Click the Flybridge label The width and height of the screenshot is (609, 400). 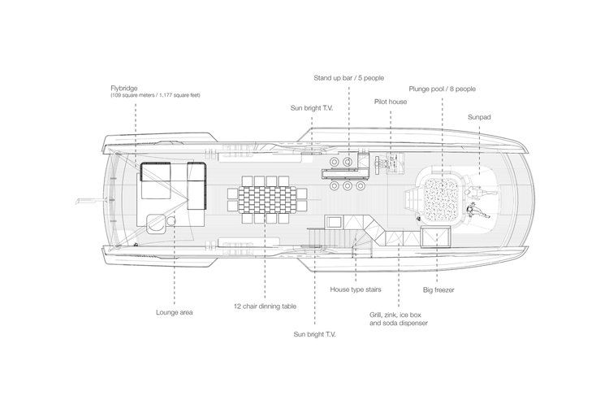(124, 89)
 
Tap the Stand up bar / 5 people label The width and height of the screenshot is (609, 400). (349, 78)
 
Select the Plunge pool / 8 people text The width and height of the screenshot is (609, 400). (442, 89)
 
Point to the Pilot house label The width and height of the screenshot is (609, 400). (391, 102)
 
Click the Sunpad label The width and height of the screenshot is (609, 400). (479, 117)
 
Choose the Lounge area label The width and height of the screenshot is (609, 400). (175, 312)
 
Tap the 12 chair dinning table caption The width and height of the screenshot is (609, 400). (265, 307)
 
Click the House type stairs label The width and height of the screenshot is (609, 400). (356, 289)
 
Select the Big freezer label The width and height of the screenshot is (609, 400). (438, 290)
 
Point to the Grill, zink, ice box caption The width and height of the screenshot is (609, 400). (395, 315)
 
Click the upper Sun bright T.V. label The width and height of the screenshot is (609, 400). (312, 108)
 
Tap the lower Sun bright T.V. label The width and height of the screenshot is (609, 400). (314, 334)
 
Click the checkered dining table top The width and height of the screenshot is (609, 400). (266, 199)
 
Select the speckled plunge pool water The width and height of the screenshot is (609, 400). (441, 199)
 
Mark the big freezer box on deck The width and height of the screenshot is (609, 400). (436, 237)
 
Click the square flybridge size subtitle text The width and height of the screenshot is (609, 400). (155, 95)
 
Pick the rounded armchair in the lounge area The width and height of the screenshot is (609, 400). (156, 224)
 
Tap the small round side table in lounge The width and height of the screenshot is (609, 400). (171, 221)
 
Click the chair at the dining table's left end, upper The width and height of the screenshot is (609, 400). (233, 193)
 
